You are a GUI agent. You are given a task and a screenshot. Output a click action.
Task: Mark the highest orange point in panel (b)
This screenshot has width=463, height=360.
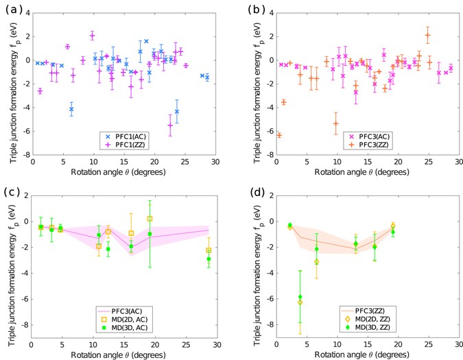click(427, 35)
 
